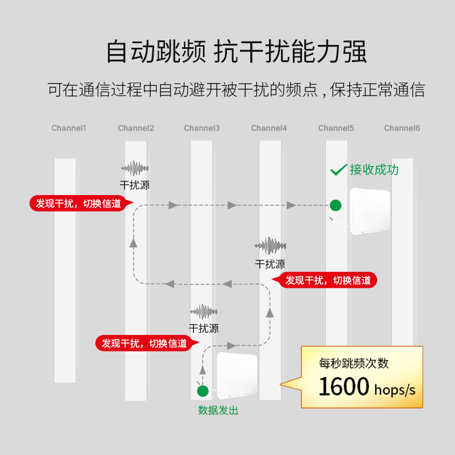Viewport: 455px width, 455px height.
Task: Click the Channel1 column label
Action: [69, 128]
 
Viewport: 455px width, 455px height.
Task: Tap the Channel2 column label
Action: [136, 128]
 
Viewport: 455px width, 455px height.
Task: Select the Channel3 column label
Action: [202, 128]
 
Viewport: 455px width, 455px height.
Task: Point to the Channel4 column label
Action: [269, 128]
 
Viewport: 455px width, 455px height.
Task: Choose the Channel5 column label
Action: [336, 128]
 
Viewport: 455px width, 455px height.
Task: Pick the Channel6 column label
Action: [402, 128]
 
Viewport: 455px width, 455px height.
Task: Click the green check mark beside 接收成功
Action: [338, 169]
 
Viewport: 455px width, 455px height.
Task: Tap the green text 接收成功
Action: [374, 169]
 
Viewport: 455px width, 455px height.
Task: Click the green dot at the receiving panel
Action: [336, 205]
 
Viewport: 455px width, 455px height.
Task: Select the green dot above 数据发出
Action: [202, 391]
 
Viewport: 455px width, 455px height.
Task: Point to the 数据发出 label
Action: [218, 410]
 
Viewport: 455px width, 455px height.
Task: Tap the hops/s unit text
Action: [395, 390]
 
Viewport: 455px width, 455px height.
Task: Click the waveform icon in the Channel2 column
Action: [135, 168]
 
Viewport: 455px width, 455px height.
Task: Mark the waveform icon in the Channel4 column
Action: [270, 246]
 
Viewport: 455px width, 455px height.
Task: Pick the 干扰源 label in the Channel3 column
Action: [204, 328]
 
